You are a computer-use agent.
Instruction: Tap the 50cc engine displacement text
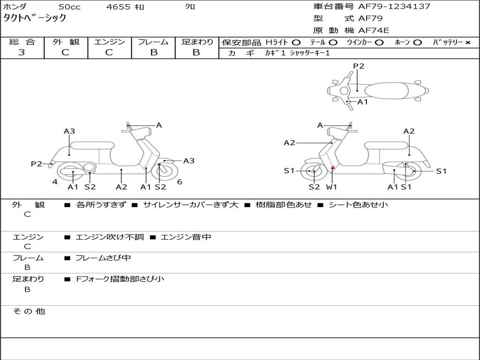69,7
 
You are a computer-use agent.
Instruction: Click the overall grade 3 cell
22,52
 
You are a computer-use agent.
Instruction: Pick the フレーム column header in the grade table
153,42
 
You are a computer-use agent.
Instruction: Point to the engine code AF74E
374,30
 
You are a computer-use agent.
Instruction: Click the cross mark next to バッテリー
467,43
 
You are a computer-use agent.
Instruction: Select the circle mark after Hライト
296,43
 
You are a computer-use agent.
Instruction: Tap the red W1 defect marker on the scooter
333,168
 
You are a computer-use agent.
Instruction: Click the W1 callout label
332,187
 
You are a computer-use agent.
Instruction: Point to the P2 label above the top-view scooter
359,66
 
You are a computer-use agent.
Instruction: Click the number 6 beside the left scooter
180,182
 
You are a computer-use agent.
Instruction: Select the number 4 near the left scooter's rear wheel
55,182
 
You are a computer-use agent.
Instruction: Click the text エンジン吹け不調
110,237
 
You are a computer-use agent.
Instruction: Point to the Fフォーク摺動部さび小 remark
120,279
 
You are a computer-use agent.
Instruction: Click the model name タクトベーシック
35,18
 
